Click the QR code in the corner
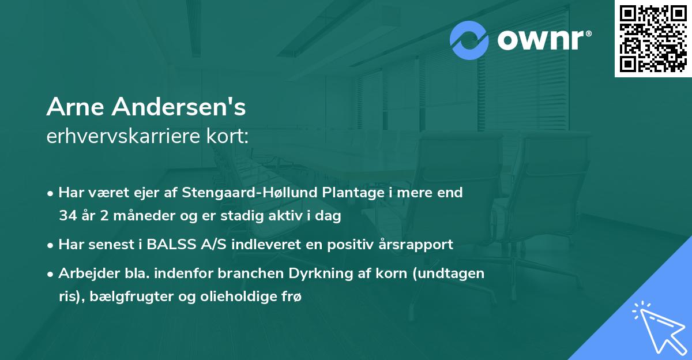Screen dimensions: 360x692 (653, 39)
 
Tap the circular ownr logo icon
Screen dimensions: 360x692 (469, 40)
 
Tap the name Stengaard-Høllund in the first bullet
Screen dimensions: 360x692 (248, 193)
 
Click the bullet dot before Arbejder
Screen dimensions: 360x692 (51, 274)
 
